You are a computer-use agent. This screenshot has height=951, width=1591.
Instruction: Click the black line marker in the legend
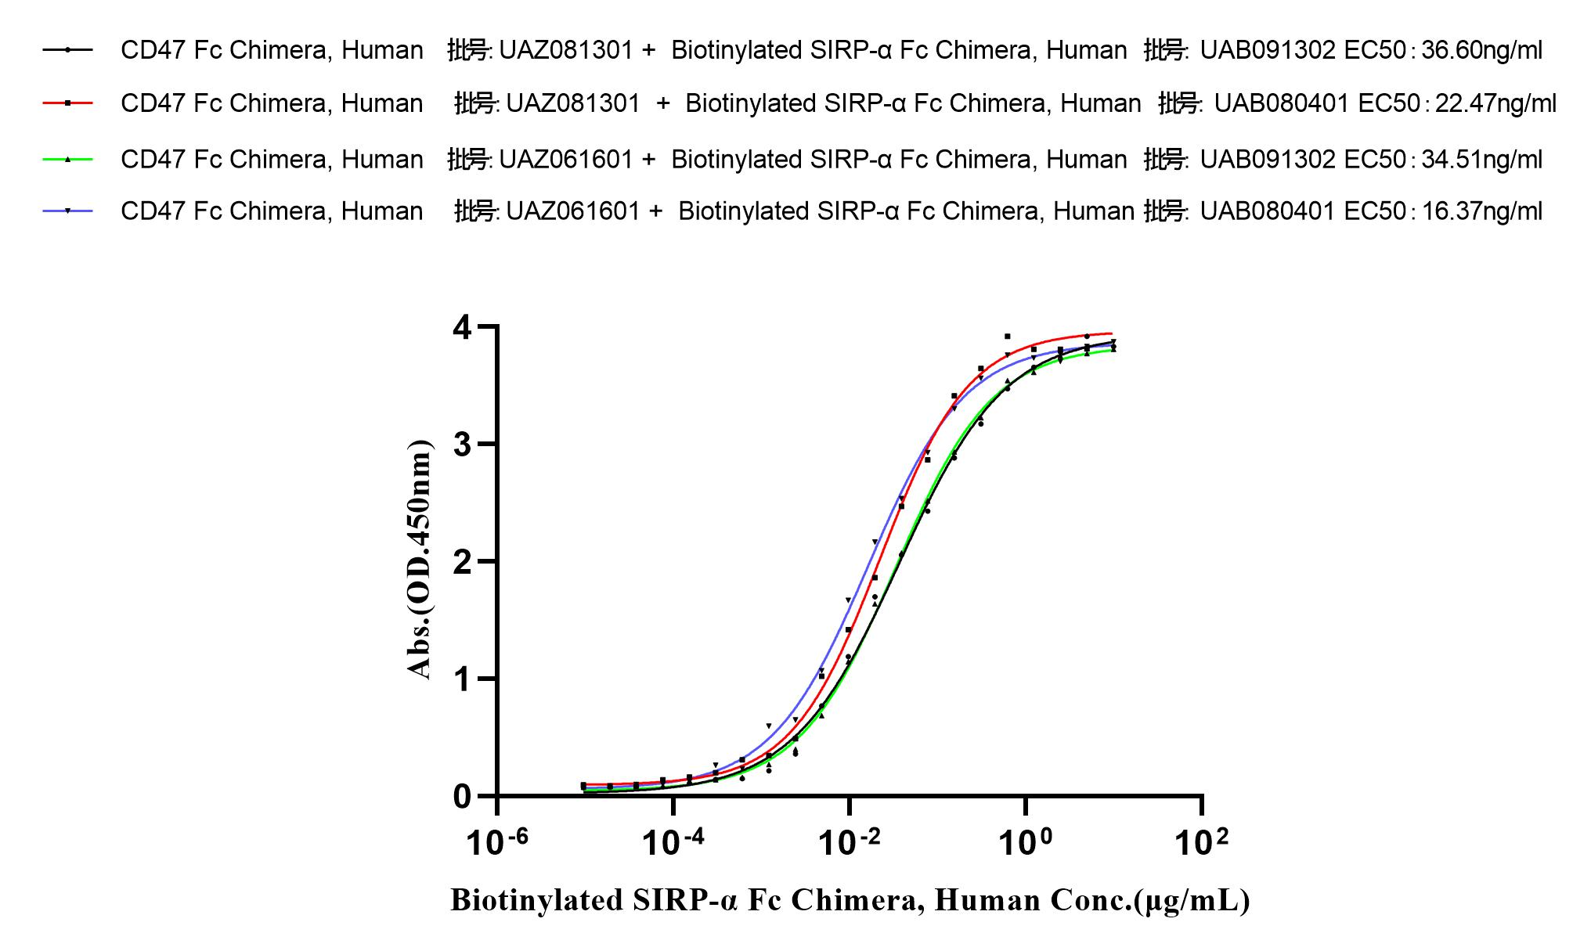point(68,50)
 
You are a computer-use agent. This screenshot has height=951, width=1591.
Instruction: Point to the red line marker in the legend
point(68,103)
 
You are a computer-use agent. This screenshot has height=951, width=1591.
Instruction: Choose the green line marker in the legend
point(68,159)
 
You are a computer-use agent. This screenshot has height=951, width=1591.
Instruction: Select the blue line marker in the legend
point(68,211)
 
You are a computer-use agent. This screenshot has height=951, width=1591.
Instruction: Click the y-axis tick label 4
point(463,327)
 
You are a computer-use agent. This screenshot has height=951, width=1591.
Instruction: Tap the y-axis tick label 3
point(463,445)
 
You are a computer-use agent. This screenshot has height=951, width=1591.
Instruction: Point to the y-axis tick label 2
point(463,562)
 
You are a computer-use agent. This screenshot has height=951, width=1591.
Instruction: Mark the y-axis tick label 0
point(463,797)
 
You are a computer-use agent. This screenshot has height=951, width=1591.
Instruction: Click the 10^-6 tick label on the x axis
point(496,843)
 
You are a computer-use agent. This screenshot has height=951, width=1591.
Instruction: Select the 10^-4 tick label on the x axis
point(672,843)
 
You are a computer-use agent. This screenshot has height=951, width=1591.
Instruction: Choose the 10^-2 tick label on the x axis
point(848,843)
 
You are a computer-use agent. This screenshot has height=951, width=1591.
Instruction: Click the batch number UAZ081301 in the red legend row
point(573,103)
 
